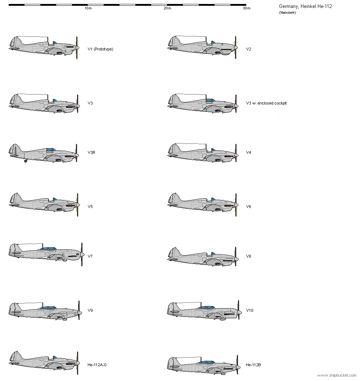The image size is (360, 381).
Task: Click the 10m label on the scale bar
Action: tap(88, 8)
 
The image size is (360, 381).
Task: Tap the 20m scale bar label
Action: tap(167, 8)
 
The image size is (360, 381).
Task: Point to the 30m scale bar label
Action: tap(246, 8)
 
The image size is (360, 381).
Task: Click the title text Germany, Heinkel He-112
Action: tap(305, 6)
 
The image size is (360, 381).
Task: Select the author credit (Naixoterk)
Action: tap(287, 13)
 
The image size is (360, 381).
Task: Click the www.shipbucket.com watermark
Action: tap(337, 376)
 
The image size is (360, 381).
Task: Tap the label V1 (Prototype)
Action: tap(100, 49)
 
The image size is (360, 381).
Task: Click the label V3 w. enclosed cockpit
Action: tap(266, 103)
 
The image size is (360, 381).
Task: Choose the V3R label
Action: tap(91, 152)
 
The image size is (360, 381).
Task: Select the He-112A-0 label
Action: tap(97, 365)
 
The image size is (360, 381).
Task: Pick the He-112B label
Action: tap(253, 365)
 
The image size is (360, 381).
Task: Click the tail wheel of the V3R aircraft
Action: tap(26, 161)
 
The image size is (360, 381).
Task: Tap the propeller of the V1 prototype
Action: tap(77, 48)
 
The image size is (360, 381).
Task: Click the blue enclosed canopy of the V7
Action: tap(49, 249)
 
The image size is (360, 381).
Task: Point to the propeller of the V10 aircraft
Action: tap(239, 310)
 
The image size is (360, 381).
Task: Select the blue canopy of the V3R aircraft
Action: tap(50, 150)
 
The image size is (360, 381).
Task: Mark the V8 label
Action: tap(248, 256)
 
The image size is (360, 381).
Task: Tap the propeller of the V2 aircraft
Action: tap(235, 48)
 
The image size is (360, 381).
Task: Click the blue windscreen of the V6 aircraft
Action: tap(213, 199)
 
